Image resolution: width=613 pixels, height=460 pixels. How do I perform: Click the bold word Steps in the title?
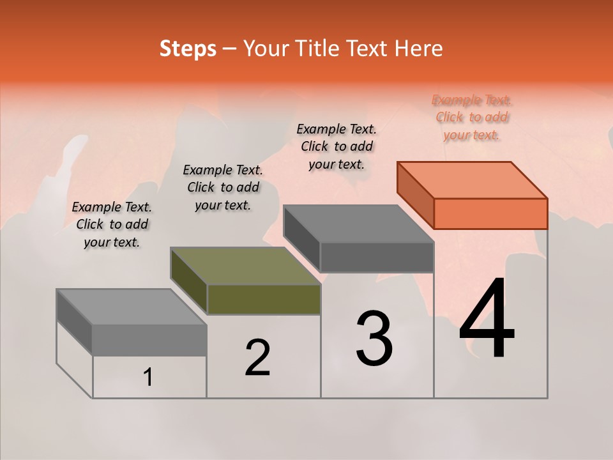pyautogui.click(x=187, y=49)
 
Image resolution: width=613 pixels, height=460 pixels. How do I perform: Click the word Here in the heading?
pyautogui.click(x=416, y=49)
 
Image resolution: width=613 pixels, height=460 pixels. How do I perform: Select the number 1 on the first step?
pyautogui.click(x=148, y=378)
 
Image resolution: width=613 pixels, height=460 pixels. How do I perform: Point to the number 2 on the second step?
pyautogui.click(x=257, y=358)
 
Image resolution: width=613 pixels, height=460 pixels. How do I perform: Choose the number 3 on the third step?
pyautogui.click(x=374, y=339)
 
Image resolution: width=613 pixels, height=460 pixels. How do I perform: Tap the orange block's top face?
pyautogui.click(x=473, y=180)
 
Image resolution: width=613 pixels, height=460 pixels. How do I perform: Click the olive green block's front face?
pyautogui.click(x=264, y=299)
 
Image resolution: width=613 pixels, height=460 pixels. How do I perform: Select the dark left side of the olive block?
pyautogui.click(x=189, y=281)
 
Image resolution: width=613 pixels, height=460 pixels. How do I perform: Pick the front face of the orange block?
pyautogui.click(x=490, y=213)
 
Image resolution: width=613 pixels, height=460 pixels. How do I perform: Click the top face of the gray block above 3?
pyautogui.click(x=358, y=224)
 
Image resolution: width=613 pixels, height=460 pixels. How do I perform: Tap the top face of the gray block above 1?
pyautogui.click(x=132, y=307)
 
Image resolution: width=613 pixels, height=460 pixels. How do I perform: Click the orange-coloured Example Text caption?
pyautogui.click(x=472, y=117)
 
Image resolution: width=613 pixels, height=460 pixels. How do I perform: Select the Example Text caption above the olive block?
pyautogui.click(x=223, y=187)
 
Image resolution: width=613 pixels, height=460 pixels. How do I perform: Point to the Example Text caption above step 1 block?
pyautogui.click(x=112, y=224)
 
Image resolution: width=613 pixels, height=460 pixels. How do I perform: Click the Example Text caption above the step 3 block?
pyautogui.click(x=337, y=146)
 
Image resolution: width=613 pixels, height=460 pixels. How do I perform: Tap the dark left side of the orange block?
pyautogui.click(x=415, y=195)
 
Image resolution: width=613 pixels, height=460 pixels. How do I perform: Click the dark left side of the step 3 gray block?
pyautogui.click(x=301, y=238)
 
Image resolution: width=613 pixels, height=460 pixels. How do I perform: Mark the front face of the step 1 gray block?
pyautogui.click(x=149, y=339)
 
